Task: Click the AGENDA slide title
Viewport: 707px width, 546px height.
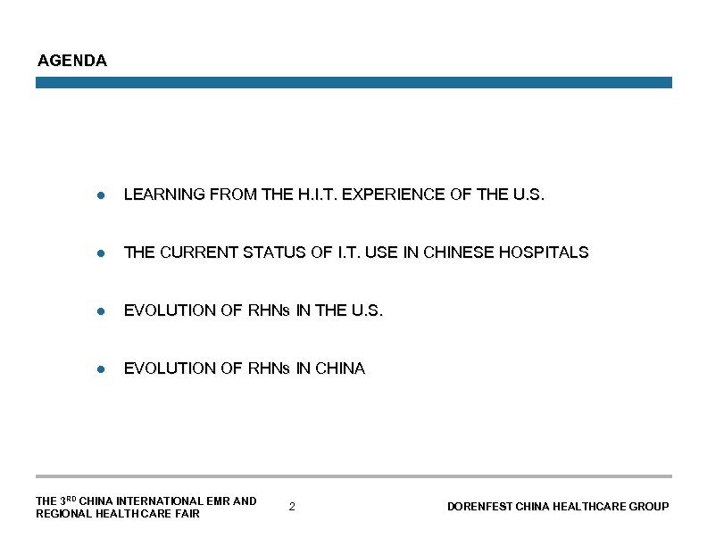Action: point(72,62)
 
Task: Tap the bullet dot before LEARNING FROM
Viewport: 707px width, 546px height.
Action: point(104,194)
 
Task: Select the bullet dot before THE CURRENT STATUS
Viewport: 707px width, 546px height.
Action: point(104,253)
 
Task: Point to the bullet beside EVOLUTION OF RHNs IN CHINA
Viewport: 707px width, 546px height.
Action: point(104,369)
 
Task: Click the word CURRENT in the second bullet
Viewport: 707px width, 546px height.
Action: point(191,252)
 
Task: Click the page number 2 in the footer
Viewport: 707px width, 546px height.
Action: point(292,507)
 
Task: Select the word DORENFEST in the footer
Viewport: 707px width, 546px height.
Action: point(478,507)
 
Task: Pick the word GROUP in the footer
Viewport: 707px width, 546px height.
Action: point(649,507)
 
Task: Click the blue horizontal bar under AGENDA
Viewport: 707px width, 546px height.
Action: point(353,82)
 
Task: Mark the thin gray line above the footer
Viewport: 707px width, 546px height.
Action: point(353,476)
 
